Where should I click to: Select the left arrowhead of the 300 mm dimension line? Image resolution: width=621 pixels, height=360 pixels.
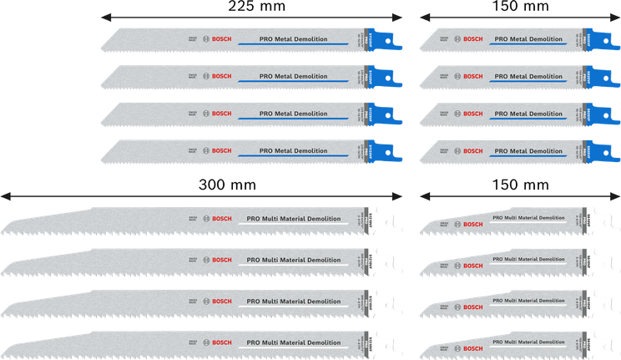5,195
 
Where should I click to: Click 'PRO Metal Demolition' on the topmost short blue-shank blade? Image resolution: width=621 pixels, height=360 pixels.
528,39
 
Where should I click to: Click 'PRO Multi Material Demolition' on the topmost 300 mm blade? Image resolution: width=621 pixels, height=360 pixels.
294,219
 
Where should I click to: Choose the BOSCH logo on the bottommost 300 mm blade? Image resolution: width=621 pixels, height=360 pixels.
221,342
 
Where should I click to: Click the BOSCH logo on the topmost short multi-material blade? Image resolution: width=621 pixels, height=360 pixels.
472,224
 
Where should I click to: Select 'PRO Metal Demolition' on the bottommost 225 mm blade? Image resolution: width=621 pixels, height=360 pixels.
293,150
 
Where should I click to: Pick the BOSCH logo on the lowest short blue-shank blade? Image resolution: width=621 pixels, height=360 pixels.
472,150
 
